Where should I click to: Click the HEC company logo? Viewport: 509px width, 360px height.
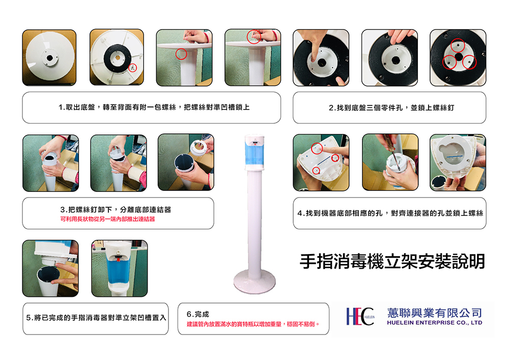360,317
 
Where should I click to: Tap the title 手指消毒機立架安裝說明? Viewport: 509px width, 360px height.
392,261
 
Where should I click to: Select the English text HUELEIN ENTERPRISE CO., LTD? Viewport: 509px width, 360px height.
434,323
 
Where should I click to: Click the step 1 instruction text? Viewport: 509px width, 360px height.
154,107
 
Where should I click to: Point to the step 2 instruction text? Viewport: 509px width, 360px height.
391,107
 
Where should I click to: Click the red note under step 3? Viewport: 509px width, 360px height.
107,219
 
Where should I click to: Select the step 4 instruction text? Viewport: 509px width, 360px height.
390,213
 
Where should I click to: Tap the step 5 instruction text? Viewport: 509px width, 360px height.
96,318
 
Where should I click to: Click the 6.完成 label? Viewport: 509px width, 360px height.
197,314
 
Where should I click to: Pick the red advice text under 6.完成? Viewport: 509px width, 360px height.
253,324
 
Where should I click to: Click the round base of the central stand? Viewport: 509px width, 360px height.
254,281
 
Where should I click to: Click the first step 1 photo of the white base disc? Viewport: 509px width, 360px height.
49,58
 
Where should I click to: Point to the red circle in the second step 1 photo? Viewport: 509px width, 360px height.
133,68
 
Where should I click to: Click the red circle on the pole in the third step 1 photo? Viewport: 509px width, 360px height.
181,54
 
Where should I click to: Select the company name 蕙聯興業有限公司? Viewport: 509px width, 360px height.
434,313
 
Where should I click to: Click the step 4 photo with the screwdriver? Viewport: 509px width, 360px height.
390,162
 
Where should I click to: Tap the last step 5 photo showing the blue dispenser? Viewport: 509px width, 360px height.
120,268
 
